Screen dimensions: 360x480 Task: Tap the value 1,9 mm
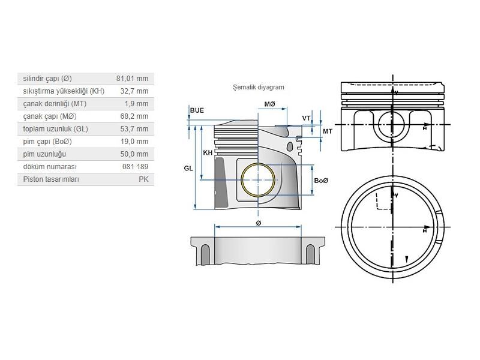(137, 104)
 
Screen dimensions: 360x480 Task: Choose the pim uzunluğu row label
(43, 154)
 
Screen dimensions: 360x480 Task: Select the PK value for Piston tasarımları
(143, 179)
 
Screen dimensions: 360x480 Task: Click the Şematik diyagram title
(259, 87)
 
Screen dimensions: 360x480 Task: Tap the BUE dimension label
(196, 111)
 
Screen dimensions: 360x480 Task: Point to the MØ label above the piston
(269, 104)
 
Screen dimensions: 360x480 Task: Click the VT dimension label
(306, 118)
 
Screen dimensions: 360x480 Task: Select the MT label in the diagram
(328, 131)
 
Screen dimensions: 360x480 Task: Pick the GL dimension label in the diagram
(188, 169)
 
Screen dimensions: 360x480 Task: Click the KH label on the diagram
(208, 153)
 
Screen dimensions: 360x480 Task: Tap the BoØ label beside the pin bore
(322, 181)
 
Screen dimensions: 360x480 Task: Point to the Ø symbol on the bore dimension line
(258, 223)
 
